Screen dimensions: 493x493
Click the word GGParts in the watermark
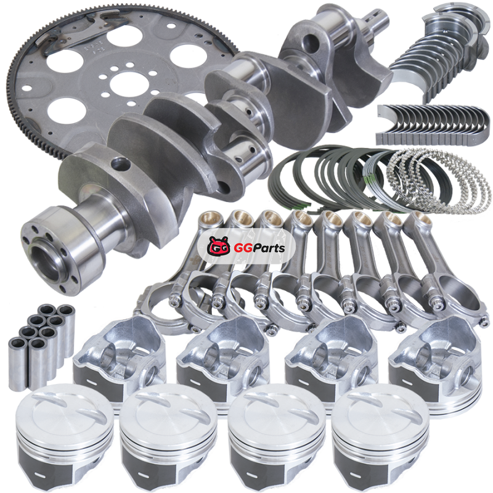(259, 248)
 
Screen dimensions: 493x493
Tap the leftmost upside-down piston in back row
(120, 359)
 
